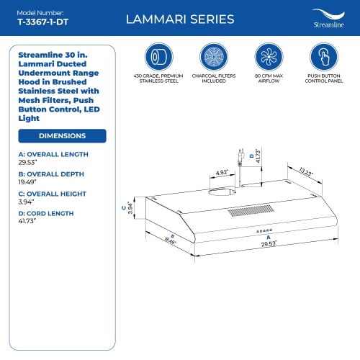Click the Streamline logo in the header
click(x=327, y=19)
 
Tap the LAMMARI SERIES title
click(x=180, y=19)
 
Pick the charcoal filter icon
click(x=214, y=57)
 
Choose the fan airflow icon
click(x=269, y=57)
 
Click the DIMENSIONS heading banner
click(x=62, y=135)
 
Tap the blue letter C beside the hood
click(x=125, y=207)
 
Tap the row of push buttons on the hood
click(x=266, y=231)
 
